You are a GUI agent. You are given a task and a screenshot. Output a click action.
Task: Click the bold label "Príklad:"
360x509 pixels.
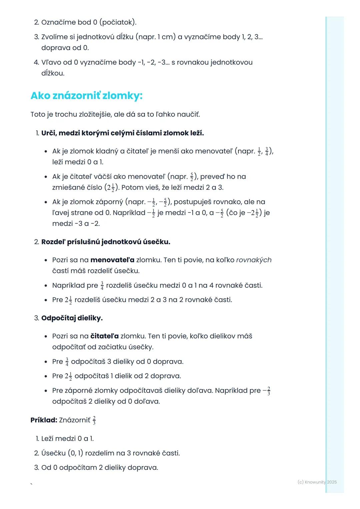tap(44, 420)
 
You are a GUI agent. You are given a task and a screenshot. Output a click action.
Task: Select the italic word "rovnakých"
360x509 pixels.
tap(254, 260)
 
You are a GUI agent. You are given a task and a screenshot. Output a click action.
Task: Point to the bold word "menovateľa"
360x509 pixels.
tap(112, 260)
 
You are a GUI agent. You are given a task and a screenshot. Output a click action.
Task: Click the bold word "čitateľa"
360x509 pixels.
tap(104, 336)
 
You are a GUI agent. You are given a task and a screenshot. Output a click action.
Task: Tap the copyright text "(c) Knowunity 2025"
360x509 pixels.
tap(317, 482)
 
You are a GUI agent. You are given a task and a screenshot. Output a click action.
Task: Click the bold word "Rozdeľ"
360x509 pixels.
tap(53, 242)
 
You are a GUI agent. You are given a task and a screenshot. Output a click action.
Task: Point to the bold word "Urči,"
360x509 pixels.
tap(49, 133)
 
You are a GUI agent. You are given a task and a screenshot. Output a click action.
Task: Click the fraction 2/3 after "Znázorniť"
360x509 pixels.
tap(94, 420)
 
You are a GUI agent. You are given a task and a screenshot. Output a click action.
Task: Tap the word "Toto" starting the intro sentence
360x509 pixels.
tap(38, 115)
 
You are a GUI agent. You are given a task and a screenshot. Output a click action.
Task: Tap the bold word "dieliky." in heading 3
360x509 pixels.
tap(90, 318)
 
